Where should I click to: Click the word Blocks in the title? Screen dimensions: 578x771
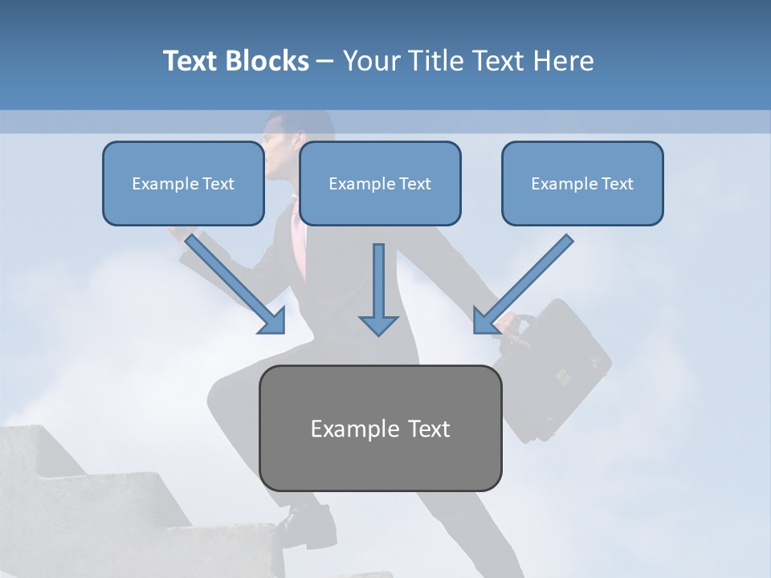pyautogui.click(x=268, y=61)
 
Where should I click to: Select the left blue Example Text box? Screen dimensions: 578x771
pyautogui.click(x=183, y=184)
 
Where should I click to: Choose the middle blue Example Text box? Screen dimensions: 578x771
pyautogui.click(x=380, y=184)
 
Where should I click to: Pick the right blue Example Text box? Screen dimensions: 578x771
pyautogui.click(x=582, y=184)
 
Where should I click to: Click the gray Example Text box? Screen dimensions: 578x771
pyautogui.click(x=380, y=429)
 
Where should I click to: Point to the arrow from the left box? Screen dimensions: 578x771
pyautogui.click(x=233, y=281)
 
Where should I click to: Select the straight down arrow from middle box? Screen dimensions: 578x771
pyautogui.click(x=378, y=289)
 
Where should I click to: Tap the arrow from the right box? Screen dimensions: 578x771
pyautogui.click(x=526, y=281)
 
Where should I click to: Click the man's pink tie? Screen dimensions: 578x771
pyautogui.click(x=299, y=241)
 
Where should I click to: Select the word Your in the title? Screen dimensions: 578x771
pyautogui.click(x=372, y=61)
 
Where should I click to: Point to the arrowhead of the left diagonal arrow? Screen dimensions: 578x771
pyautogui.click(x=273, y=321)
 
